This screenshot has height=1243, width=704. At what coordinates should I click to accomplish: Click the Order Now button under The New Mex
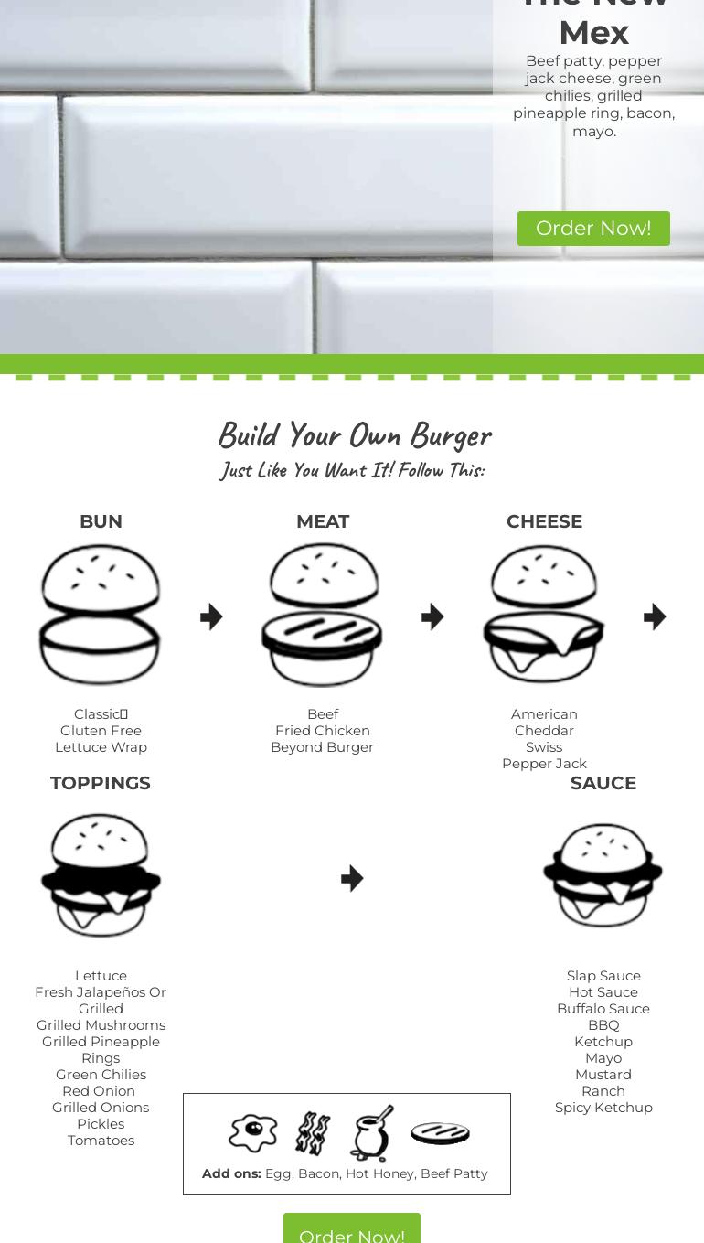click(x=593, y=228)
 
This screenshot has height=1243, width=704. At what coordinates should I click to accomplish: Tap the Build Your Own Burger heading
click(x=355, y=435)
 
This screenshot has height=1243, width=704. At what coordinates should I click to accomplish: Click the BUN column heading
click(x=101, y=521)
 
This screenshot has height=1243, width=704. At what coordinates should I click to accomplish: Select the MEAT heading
click(x=323, y=521)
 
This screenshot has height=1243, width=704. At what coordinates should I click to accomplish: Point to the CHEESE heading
click(x=544, y=521)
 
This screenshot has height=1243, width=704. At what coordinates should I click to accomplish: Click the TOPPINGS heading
click(x=101, y=783)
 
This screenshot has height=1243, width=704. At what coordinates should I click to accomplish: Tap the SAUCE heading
click(x=603, y=783)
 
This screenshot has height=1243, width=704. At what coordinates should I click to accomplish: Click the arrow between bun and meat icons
click(x=211, y=616)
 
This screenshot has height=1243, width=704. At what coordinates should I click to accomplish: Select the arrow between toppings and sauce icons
click(x=352, y=878)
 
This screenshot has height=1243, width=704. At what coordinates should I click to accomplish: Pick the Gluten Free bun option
click(x=101, y=731)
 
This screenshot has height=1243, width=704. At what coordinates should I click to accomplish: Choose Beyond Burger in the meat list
click(x=323, y=747)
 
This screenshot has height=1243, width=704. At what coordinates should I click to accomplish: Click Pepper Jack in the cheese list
click(x=544, y=764)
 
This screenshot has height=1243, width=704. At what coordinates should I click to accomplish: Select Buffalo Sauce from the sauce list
click(x=603, y=1009)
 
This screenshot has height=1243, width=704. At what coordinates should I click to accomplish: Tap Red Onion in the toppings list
click(x=99, y=1091)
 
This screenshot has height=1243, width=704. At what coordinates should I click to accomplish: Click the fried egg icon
click(x=253, y=1133)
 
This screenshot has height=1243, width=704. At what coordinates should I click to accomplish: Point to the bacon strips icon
click(x=313, y=1133)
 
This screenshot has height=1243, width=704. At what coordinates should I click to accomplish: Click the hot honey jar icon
click(x=373, y=1133)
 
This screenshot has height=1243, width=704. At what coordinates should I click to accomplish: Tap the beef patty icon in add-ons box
click(x=440, y=1133)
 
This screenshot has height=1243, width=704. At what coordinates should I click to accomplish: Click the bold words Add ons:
click(x=231, y=1173)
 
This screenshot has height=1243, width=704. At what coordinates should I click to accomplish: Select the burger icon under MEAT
click(x=323, y=615)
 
